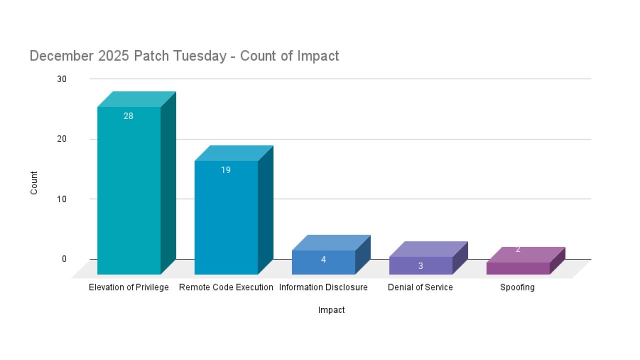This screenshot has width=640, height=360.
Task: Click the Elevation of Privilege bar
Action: [129, 190]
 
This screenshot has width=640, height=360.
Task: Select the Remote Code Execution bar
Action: [226, 217]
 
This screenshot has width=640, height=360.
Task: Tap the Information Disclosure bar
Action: [323, 262]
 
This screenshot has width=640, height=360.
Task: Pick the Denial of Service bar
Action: [420, 265]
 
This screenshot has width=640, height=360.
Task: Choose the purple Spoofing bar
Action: [518, 268]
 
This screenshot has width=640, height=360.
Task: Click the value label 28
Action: [128, 116]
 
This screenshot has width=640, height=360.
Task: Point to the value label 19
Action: [226, 170]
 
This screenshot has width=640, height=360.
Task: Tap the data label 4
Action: [323, 260]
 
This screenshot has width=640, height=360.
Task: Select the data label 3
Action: [420, 266]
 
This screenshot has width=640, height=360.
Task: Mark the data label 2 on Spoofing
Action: [518, 249]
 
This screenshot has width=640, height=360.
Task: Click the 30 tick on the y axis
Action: [61, 79]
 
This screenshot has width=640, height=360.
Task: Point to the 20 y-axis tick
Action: [61, 139]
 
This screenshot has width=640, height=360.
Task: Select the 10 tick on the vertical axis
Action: [61, 199]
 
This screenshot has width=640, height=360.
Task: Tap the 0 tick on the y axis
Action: [64, 259]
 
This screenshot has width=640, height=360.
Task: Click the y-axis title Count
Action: [34, 183]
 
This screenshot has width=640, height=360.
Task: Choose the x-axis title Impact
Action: [331, 310]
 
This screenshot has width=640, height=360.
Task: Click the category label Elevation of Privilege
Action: [129, 287]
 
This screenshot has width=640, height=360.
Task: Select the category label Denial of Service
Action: [420, 287]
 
